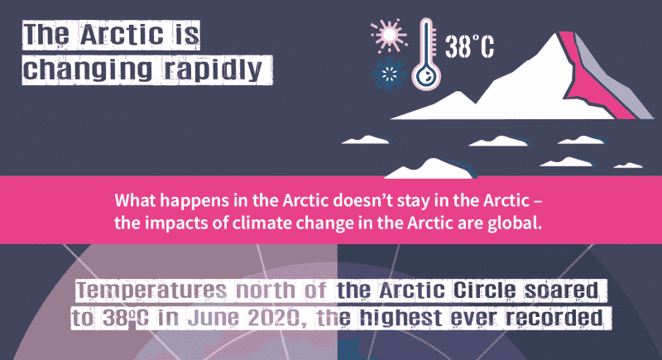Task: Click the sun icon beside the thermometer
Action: pyautogui.click(x=389, y=35)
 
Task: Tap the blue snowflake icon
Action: pyautogui.click(x=389, y=74)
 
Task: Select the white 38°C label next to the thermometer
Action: pyautogui.click(x=470, y=46)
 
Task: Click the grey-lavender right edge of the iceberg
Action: pyautogui.click(x=612, y=76)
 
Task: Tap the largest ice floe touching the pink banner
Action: pyautogui.click(x=430, y=168)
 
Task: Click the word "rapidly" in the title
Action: pyautogui.click(x=214, y=70)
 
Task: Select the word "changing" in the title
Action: pyautogui.click(x=88, y=70)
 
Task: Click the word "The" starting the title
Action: pyautogui.click(x=46, y=35)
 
